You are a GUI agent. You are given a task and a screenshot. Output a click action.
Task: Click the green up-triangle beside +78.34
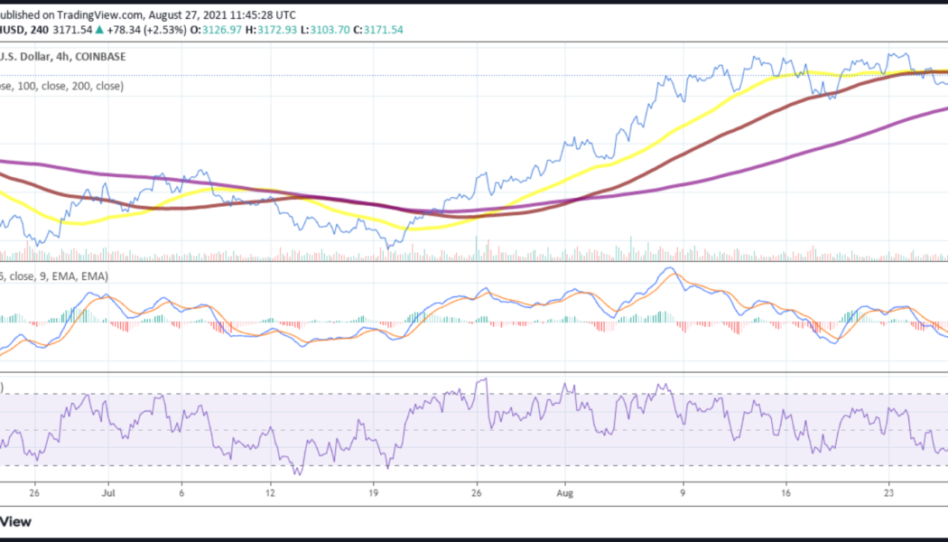(102, 30)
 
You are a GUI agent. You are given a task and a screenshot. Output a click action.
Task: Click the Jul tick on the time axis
(110, 493)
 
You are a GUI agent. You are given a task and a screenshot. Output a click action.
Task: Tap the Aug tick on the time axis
(565, 493)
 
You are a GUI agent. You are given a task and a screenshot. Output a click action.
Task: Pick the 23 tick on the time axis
(888, 493)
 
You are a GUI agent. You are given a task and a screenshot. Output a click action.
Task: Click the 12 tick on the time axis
(270, 493)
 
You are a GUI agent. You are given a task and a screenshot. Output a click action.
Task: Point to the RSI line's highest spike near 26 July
(484, 380)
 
